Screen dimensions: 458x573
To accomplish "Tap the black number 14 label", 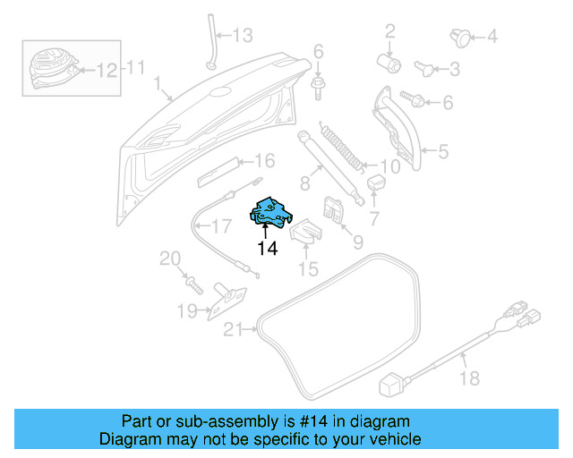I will (267, 250).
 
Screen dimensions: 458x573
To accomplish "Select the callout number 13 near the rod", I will (244, 36).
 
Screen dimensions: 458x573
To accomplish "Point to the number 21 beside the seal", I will (233, 331).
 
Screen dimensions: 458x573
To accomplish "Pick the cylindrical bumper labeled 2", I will (389, 62).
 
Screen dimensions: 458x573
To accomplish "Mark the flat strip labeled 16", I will (218, 170).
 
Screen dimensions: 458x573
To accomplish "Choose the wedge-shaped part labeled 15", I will (304, 234).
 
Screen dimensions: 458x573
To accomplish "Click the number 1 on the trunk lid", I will (158, 86).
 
